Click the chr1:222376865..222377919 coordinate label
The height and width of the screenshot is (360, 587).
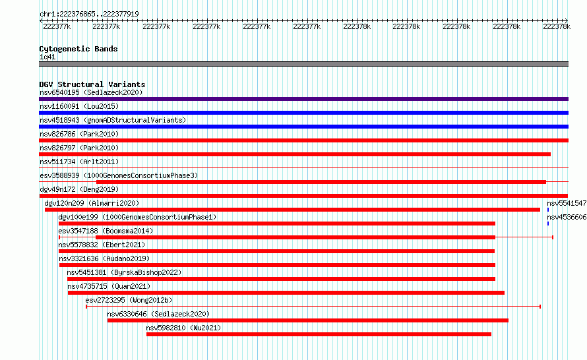click(89, 14)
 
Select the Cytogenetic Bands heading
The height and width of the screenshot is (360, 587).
click(78, 49)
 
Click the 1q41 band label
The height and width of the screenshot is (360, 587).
click(47, 57)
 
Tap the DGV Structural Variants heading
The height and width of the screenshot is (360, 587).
click(92, 84)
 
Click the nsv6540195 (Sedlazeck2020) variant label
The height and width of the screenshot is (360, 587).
click(91, 92)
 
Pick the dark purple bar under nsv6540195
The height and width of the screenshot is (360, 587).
click(303, 99)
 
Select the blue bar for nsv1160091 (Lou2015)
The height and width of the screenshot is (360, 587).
click(303, 113)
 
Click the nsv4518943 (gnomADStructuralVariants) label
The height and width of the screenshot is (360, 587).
click(113, 120)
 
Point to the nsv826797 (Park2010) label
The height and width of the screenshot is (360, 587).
click(79, 148)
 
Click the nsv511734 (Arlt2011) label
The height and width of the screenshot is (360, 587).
click(79, 162)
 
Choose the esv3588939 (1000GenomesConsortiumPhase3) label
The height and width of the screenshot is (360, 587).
click(119, 175)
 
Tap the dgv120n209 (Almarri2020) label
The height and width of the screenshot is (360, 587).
click(92, 203)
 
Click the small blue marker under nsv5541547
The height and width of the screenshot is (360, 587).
click(548, 210)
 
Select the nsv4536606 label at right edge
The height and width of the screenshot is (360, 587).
click(567, 217)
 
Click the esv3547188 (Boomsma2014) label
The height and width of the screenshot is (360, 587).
click(106, 231)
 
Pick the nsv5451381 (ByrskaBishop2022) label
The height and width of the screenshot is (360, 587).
click(124, 272)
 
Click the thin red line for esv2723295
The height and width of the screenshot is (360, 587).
click(313, 307)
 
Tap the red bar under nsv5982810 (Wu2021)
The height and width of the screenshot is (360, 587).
click(319, 334)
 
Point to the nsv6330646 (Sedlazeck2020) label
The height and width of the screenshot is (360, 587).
click(158, 314)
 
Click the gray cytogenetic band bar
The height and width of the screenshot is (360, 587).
click(303, 64)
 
